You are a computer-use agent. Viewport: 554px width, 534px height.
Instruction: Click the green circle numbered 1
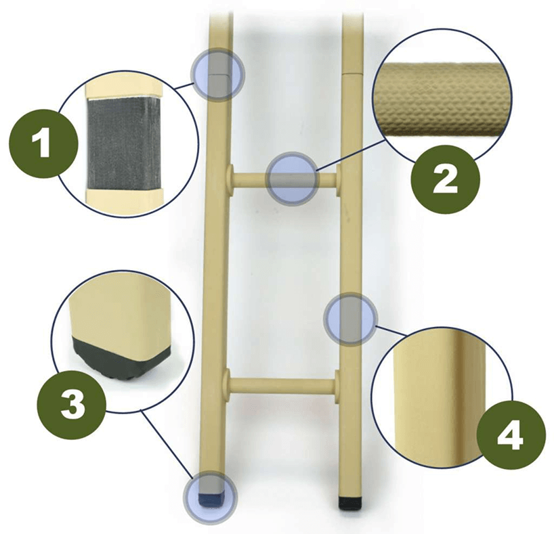(43, 143)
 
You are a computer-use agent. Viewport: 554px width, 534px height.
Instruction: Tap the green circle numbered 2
(445, 179)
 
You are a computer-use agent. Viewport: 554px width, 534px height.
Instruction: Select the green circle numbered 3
(72, 405)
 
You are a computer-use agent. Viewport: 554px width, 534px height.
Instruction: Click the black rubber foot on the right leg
(349, 504)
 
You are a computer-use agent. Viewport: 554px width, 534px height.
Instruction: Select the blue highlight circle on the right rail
(350, 319)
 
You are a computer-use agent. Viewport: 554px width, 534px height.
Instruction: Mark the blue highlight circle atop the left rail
(217, 75)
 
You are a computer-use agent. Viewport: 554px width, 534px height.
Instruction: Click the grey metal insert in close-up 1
(125, 144)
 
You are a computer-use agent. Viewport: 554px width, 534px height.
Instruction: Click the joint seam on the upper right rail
(353, 74)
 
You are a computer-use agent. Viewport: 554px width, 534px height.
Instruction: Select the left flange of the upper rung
(230, 179)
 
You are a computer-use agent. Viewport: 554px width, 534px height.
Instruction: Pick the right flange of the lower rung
(337, 386)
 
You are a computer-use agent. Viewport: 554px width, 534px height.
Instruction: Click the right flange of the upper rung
(339, 180)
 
